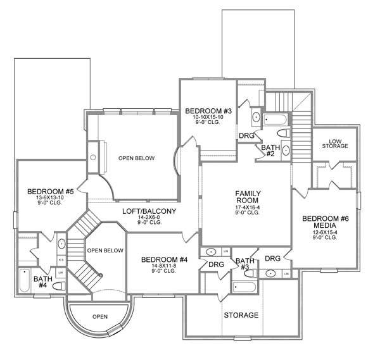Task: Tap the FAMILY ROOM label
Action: pyautogui.click(x=249, y=197)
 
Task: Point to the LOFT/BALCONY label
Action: pyautogui.click(x=149, y=211)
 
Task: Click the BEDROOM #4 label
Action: pyautogui.click(x=163, y=259)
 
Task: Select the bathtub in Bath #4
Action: pyautogui.click(x=24, y=281)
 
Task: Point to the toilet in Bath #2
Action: pyautogui.click(x=284, y=133)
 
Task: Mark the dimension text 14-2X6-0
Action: pyautogui.click(x=149, y=218)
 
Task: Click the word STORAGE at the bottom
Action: pyautogui.click(x=241, y=314)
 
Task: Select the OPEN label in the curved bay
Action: pyautogui.click(x=99, y=316)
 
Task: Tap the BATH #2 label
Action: pyautogui.click(x=270, y=150)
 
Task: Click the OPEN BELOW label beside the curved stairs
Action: pyautogui.click(x=104, y=251)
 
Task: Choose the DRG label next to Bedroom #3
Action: pyautogui.click(x=246, y=135)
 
